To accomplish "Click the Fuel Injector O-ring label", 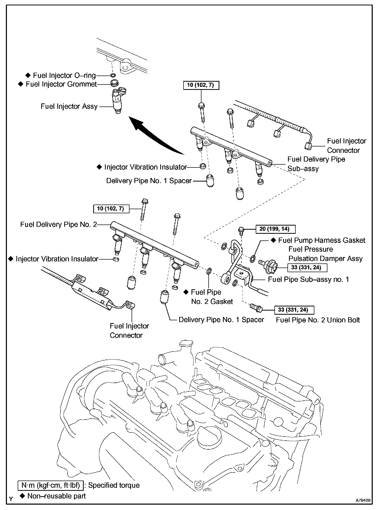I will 64,76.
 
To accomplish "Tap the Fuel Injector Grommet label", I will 61,84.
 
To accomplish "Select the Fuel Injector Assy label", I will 69,106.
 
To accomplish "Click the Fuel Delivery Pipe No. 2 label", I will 59,225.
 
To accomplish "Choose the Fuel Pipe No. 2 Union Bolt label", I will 318,320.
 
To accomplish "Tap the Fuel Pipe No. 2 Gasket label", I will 212,297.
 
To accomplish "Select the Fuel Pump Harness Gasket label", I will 322,240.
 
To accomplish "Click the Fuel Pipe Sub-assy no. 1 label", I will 308,279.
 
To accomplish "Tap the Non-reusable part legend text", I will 56,496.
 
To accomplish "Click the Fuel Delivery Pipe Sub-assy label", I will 316,164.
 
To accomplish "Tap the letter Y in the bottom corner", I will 11,499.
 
